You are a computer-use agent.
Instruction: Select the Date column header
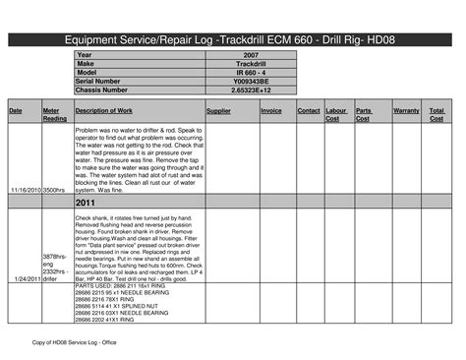(16, 111)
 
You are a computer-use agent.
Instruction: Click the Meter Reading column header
(55, 115)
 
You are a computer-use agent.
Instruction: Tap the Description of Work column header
(110, 111)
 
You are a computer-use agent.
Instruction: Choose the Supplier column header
(219, 111)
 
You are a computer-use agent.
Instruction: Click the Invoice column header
(271, 111)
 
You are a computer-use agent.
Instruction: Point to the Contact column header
(309, 111)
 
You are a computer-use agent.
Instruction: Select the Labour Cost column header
(336, 115)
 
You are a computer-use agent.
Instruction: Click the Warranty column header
(406, 111)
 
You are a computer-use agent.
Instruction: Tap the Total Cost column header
(437, 115)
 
